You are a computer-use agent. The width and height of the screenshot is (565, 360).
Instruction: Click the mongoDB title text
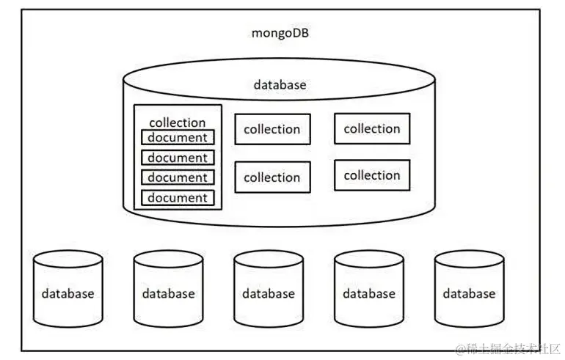pos(280,34)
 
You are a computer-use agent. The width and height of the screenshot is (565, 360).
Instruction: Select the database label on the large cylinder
pos(280,84)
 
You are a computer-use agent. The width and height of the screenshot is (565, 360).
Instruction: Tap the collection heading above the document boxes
pos(177,122)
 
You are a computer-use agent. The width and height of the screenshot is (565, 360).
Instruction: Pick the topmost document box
pos(178,137)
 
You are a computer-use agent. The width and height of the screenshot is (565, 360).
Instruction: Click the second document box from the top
pos(178,158)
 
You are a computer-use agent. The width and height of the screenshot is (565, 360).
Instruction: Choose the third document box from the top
pos(178,177)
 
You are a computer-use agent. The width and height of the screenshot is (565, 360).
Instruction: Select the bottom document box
pos(178,198)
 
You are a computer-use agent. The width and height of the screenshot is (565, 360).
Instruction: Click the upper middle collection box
pos(272,130)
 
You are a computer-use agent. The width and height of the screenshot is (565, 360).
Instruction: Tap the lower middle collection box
pos(272,177)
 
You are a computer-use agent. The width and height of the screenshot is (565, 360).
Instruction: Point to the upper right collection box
pos(372,129)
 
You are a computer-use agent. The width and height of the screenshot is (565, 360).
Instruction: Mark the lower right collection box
pos(372,176)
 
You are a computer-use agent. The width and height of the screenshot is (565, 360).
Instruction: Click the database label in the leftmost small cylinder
pos(68,293)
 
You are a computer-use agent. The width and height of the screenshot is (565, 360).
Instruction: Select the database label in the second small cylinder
pos(169,293)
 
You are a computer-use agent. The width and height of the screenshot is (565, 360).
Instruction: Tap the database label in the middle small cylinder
pos(269,293)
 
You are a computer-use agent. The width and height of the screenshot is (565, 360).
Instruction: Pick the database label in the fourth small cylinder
pos(369,293)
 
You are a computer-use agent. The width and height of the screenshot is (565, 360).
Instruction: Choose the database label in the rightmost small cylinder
pos(470,293)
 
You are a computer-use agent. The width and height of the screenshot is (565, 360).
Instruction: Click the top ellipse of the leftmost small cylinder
pos(68,258)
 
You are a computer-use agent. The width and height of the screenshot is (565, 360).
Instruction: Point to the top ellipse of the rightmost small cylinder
pos(470,258)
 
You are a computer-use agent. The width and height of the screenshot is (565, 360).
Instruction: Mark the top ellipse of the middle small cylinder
pos(269,258)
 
